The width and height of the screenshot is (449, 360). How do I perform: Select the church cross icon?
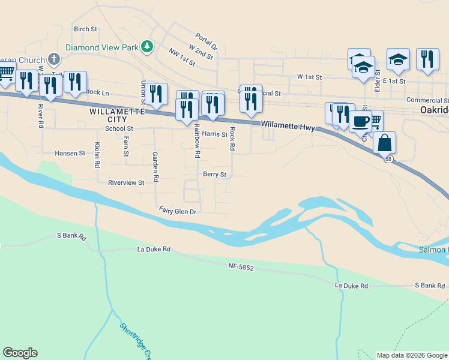point(54,59)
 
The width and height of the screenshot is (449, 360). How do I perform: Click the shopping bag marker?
point(384,143)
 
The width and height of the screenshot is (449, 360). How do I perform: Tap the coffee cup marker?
point(360,122)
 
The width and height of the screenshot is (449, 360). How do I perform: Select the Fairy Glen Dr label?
point(178,211)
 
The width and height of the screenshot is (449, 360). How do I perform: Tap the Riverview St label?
point(126,182)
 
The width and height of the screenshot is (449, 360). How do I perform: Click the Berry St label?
point(214,175)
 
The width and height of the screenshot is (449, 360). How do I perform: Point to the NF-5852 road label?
point(241,266)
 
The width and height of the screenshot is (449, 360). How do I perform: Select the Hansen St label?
point(70,154)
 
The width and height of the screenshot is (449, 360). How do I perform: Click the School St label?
point(118,128)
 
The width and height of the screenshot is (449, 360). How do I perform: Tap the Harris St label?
point(214,134)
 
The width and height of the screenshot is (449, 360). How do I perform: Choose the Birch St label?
point(85,29)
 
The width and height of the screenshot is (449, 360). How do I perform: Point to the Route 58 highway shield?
point(389,158)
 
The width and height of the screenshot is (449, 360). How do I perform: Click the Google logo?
point(20,353)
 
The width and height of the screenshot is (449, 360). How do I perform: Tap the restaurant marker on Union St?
point(156,94)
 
